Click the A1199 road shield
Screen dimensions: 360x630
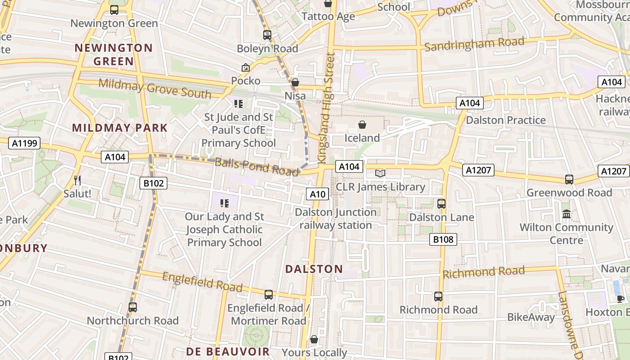24,144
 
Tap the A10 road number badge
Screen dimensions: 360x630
318,194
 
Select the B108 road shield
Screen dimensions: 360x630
443,239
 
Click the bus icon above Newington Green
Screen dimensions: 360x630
114,10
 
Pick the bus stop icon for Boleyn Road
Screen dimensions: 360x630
267,35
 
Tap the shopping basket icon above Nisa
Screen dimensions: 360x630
295,82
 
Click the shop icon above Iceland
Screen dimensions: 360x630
362,125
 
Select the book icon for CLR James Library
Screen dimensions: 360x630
380,174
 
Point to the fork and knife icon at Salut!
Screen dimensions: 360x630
77,180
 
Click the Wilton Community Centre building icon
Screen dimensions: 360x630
567,214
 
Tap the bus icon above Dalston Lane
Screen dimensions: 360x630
441,204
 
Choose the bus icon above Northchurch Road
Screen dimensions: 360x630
133,307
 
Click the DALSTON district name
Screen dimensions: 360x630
314,269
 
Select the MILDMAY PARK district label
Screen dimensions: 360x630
120,128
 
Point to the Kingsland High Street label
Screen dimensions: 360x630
327,108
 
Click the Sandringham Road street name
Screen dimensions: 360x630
474,44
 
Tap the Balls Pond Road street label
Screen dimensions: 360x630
256,166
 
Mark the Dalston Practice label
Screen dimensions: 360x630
505,120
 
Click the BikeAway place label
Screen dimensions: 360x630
531,317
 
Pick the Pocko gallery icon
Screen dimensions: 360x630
246,67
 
